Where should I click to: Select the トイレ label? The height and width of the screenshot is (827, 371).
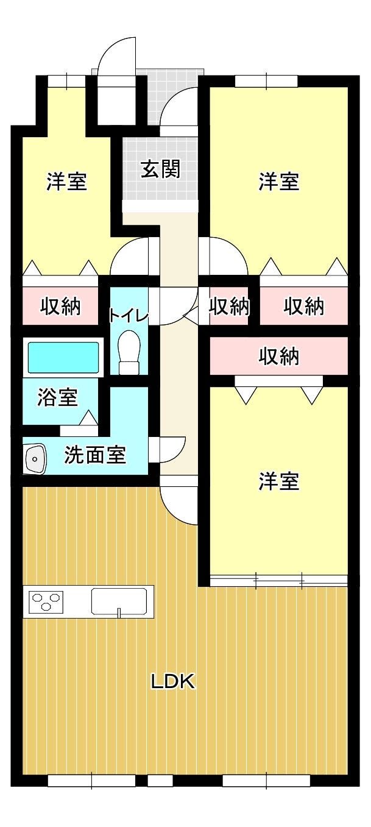[129, 316]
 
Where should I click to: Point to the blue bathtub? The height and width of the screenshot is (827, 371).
[63, 357]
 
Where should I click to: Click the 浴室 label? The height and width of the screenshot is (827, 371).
[58, 397]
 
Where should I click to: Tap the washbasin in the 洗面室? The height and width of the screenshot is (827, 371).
[35, 459]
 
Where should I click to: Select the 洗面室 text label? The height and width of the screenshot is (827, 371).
[95, 455]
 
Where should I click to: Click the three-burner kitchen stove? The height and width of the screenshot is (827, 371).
[46, 602]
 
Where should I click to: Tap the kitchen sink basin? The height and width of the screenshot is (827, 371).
[119, 602]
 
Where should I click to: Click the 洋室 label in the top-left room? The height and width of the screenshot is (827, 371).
[67, 181]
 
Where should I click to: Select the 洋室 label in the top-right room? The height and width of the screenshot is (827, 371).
[279, 181]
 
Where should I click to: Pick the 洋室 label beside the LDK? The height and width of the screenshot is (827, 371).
[279, 481]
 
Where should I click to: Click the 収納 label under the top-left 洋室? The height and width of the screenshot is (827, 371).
[60, 306]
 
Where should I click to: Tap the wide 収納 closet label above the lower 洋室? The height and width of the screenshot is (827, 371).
[279, 356]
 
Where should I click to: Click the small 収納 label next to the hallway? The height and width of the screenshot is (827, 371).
[229, 306]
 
